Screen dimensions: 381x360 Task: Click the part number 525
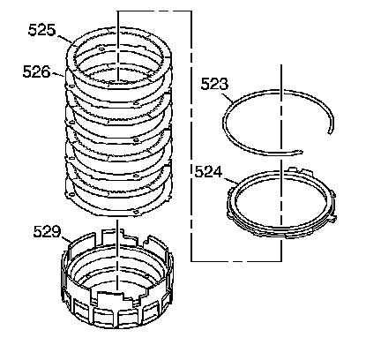(x=41, y=30)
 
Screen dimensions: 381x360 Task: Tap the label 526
(x=36, y=71)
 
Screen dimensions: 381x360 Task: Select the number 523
(x=214, y=84)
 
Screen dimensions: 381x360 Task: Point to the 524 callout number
(x=208, y=171)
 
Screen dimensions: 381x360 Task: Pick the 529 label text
(x=47, y=232)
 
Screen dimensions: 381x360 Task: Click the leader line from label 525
(x=64, y=40)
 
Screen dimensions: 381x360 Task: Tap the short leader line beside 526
(x=57, y=74)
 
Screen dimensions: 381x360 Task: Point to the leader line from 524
(x=231, y=181)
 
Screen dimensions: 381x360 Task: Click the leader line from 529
(x=66, y=239)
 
